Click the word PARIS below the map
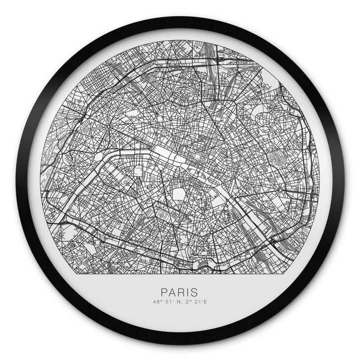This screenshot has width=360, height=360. coord(179,293)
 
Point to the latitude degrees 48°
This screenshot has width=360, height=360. coord(158,302)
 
